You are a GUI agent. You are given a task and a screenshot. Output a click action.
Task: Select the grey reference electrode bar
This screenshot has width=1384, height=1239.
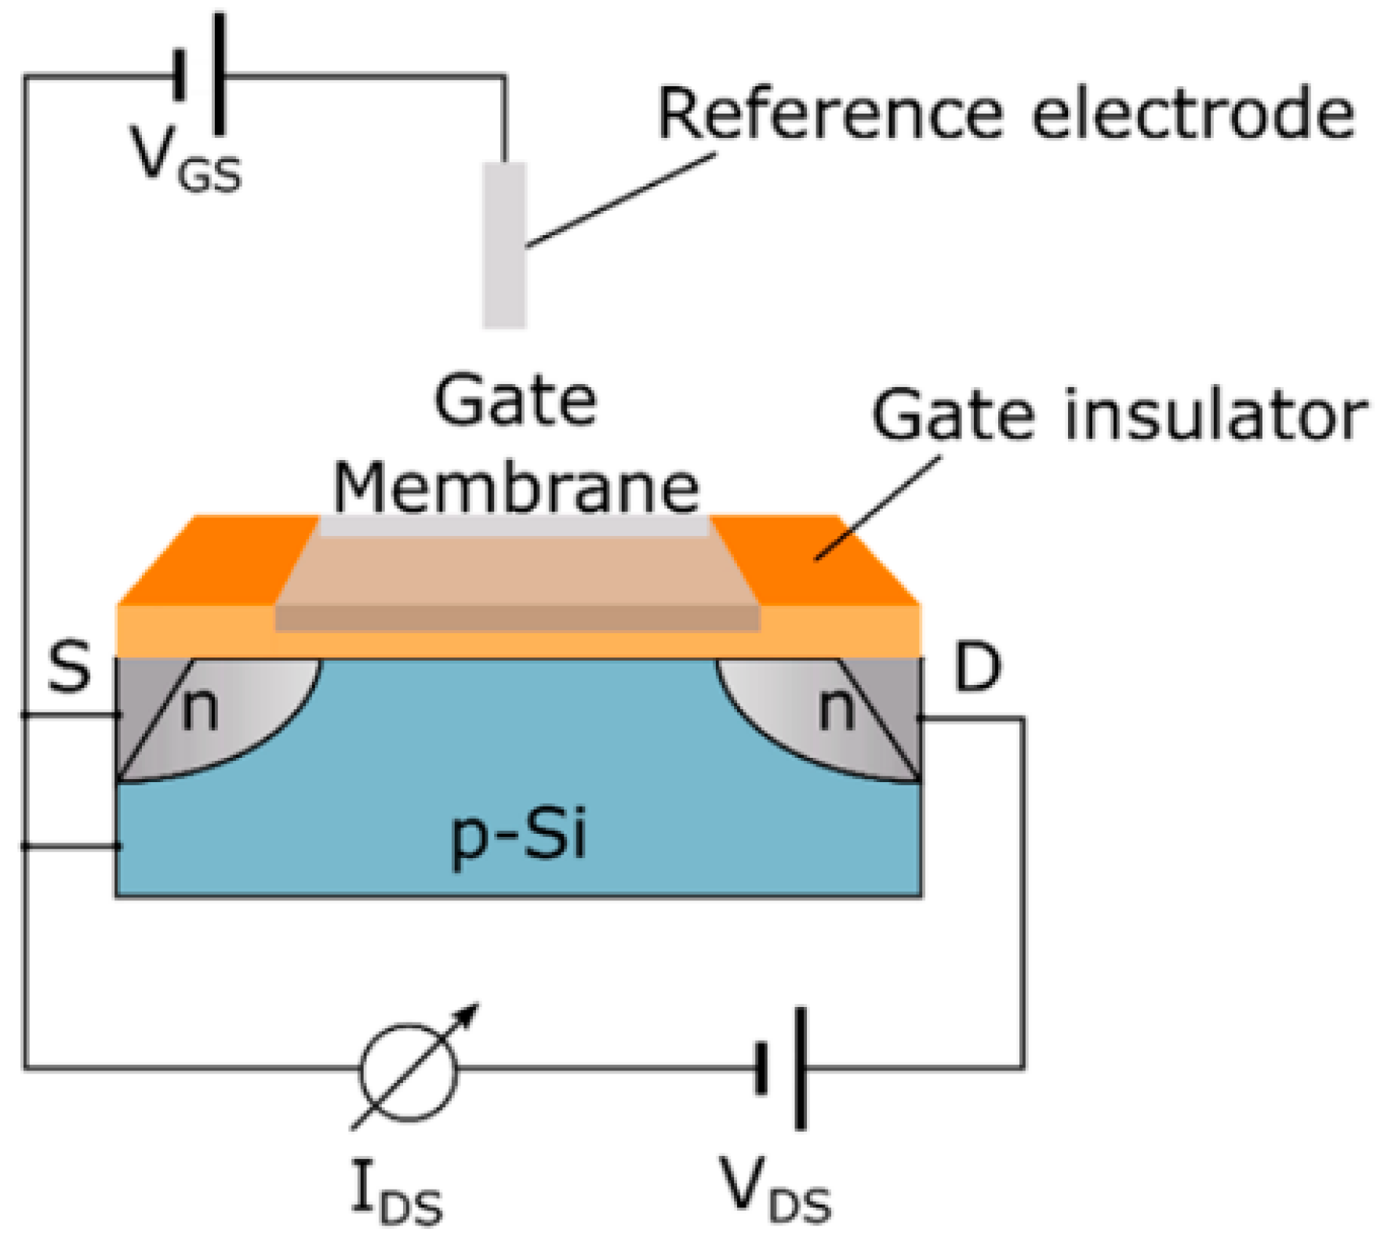click(503, 245)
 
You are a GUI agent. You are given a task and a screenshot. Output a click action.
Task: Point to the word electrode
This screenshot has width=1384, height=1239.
click(1191, 115)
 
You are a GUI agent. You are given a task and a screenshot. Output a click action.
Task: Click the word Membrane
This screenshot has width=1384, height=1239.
click(515, 487)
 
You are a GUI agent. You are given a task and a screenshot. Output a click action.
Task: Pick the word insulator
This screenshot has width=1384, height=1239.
click(1215, 415)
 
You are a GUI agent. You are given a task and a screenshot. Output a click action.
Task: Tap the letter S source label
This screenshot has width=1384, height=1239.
click(69, 668)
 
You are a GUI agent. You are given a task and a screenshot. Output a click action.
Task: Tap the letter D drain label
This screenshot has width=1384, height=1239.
click(977, 668)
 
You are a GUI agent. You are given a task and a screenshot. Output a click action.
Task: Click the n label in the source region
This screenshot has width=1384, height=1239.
click(199, 710)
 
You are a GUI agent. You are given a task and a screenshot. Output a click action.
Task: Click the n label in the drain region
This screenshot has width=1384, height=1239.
click(836, 710)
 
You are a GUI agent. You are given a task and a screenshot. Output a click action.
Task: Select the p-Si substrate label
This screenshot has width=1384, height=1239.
click(518, 837)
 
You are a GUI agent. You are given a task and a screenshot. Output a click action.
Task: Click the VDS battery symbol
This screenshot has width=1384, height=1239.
click(781, 1068)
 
